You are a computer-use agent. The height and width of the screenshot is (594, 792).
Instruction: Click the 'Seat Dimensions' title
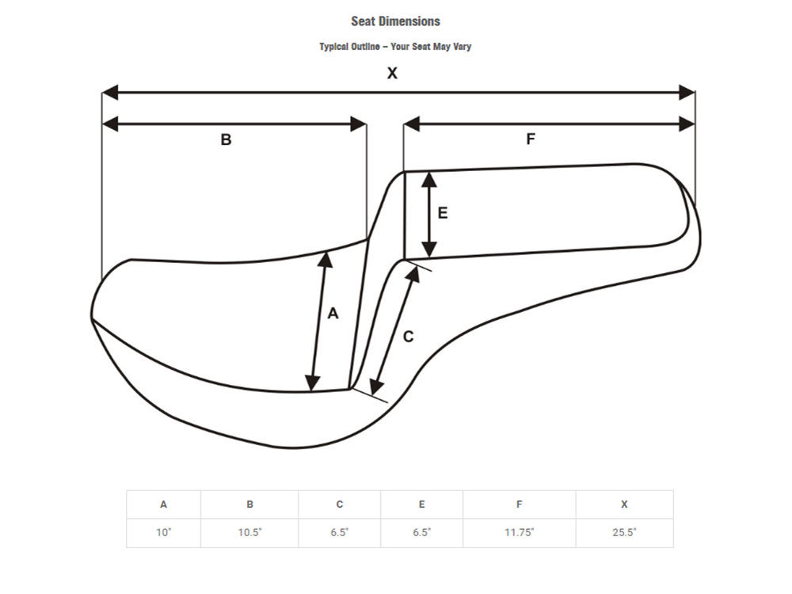coord(395,21)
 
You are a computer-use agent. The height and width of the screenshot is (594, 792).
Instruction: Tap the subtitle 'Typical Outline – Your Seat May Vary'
coord(395,47)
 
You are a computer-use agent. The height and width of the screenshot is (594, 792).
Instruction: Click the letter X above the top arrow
coord(392,74)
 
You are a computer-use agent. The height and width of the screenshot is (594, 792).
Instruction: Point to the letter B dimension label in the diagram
coord(226,140)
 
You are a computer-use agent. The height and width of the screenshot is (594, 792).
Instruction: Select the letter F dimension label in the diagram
coord(531,139)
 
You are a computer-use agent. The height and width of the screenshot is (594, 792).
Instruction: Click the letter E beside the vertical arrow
coord(443,213)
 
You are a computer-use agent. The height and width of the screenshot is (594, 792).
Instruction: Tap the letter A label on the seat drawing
coord(333,314)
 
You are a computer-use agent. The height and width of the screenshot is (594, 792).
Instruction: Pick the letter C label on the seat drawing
coord(408,337)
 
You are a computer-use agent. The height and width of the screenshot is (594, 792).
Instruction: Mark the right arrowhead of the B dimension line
coord(358,124)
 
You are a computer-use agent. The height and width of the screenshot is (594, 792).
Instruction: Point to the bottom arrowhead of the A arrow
coord(313,383)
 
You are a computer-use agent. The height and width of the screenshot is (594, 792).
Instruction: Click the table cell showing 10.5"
coord(249,532)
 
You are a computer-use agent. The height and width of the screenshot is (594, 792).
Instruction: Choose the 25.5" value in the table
coord(624,532)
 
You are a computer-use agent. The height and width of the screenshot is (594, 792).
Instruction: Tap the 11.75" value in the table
coord(519,532)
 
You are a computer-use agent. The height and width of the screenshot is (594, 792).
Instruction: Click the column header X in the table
coord(624,505)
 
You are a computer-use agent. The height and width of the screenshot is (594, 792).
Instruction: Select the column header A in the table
coord(163,505)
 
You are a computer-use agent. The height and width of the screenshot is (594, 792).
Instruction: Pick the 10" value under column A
coord(163,532)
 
